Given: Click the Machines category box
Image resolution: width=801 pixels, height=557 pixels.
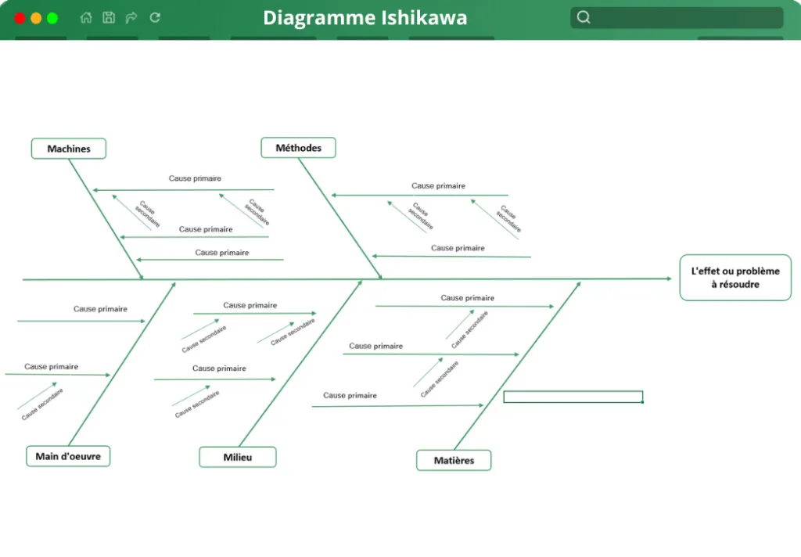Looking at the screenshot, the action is (69, 149).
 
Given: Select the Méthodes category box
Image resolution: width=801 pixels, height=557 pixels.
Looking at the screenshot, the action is (298, 148).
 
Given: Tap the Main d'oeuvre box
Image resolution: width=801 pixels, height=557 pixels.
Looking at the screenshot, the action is (68, 456).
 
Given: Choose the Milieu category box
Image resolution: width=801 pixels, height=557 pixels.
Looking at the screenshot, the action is (238, 458).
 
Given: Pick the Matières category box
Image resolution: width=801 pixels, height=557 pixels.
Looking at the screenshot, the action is (454, 461).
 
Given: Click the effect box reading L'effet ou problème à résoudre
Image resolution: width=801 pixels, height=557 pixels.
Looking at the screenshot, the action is (735, 278).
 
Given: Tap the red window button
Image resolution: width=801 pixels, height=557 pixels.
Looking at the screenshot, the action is (20, 19).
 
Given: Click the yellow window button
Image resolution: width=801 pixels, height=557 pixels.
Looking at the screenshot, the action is (36, 19).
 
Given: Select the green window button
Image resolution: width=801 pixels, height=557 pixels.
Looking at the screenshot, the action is (52, 19).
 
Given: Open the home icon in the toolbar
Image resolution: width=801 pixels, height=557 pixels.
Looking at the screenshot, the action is (86, 18).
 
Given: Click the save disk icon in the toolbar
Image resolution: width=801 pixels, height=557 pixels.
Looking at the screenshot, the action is (109, 18).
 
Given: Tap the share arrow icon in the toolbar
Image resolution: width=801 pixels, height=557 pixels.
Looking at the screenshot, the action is (131, 18).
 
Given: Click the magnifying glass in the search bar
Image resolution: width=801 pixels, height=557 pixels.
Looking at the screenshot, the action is (584, 17).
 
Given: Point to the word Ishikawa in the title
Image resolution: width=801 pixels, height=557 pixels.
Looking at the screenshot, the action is (425, 18).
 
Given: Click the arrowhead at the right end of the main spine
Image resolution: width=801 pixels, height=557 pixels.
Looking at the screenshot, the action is (670, 278).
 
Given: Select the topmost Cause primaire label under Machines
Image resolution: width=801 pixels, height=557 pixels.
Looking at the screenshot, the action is (195, 178).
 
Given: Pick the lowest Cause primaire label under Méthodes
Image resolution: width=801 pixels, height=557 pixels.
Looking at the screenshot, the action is (458, 248).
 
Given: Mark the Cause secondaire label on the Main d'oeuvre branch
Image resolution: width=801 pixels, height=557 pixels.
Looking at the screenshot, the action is (42, 404).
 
